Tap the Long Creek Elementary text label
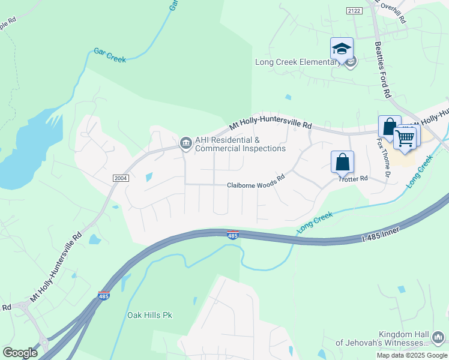[x=297, y=62]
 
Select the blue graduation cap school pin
[x=342, y=49]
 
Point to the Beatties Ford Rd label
[x=383, y=69]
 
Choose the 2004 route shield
[x=120, y=178]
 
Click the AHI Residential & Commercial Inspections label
[x=240, y=145]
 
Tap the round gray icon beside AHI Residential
[x=185, y=142]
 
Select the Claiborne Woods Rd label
[x=255, y=185]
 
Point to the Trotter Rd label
[x=352, y=179]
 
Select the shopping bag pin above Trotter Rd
[x=342, y=161]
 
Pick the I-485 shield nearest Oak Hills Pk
[x=103, y=296]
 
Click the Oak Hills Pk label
[x=149, y=315]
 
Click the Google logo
[x=20, y=353]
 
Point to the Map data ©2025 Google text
[x=412, y=355]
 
